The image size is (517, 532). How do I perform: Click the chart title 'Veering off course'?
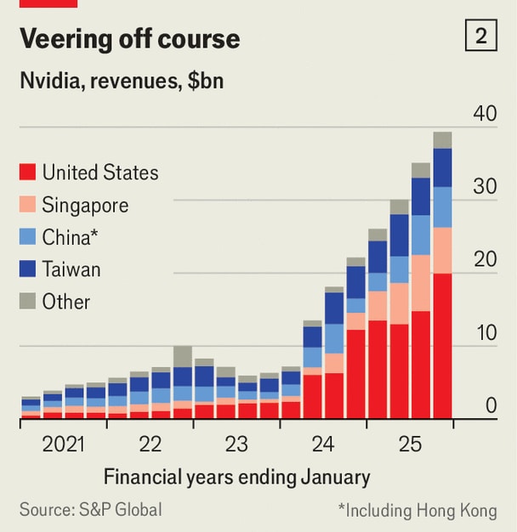coord(129,38)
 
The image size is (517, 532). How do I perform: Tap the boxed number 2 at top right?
coord(480,37)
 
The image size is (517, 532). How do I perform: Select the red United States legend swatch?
coord(27,173)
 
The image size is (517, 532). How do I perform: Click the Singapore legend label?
coord(85,205)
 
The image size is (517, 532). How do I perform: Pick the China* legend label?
coord(76,237)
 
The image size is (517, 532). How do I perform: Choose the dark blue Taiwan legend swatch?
coord(27,269)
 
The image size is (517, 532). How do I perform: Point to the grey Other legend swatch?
coord(27,302)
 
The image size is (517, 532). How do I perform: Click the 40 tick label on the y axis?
coord(485,114)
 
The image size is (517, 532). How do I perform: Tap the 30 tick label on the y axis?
coord(485,187)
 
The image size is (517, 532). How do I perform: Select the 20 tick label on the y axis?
coord(485,260)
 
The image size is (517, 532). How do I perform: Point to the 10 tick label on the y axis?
coord(485,333)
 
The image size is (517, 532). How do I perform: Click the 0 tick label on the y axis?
coord(491,406)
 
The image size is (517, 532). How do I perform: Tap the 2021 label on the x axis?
coord(64,444)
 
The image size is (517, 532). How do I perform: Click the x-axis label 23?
coord(236,444)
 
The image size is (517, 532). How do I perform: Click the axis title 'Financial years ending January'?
coord(236,476)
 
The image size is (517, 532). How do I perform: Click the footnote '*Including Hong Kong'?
coord(417,510)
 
